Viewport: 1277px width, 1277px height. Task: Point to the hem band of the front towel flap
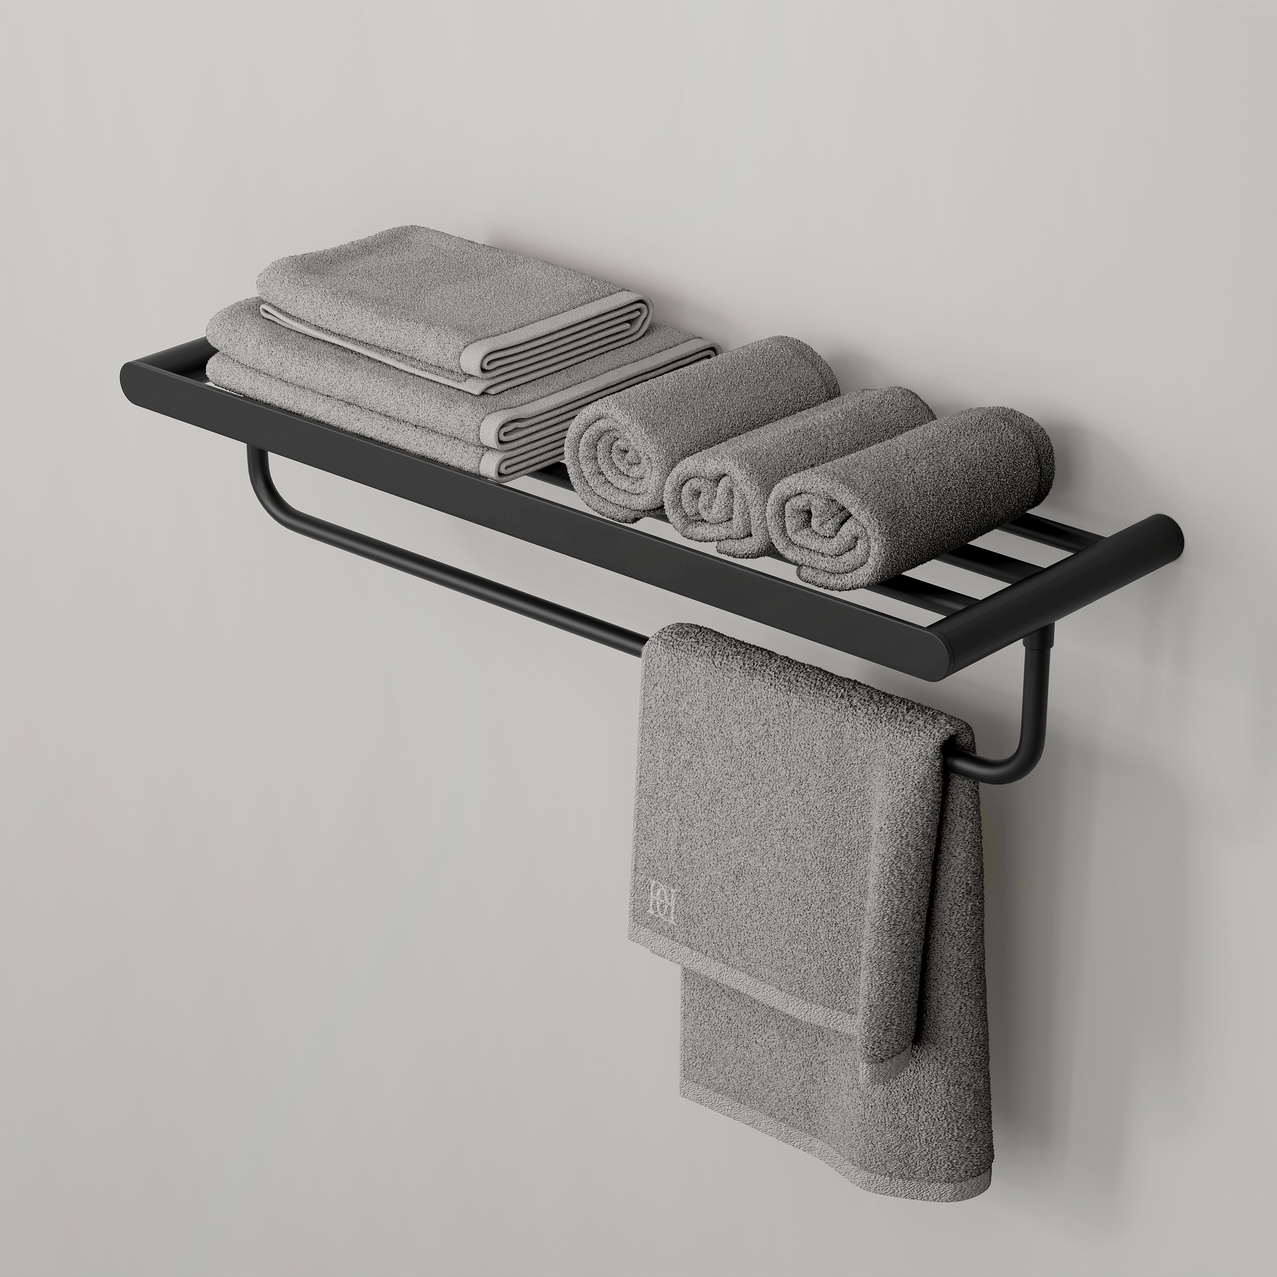[x=740, y=972]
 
